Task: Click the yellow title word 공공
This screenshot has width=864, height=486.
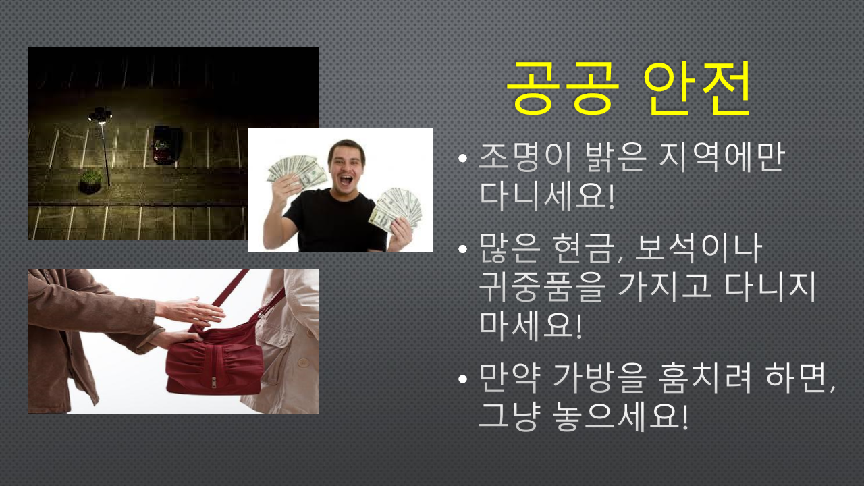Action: [x=563, y=88]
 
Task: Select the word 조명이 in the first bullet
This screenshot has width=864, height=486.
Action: [x=524, y=157]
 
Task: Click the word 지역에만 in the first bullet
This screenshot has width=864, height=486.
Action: [x=722, y=157]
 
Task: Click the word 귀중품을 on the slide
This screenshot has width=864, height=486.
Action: [x=541, y=287]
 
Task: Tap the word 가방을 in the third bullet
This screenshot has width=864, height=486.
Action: [x=599, y=377]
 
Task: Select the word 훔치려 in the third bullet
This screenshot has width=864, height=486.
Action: [x=704, y=377]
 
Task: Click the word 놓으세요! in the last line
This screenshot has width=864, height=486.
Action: [x=620, y=416]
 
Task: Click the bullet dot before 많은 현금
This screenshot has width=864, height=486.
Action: [x=462, y=249]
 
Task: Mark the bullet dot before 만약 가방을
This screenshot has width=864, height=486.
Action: [x=462, y=379]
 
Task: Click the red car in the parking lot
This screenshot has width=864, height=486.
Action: [x=167, y=145]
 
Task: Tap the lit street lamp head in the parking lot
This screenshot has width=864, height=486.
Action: [x=100, y=115]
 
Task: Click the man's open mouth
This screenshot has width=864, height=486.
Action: [x=346, y=180]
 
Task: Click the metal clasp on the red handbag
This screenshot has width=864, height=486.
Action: [x=214, y=382]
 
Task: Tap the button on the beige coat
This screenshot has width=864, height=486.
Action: [x=303, y=362]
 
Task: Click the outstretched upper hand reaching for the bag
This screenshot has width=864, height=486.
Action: [x=190, y=311]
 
